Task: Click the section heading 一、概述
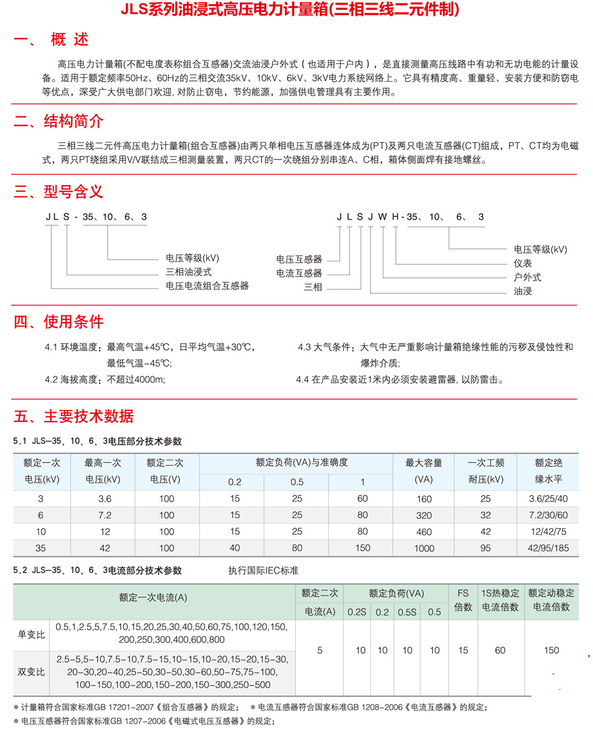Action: pos(51,41)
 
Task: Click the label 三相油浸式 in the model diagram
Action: pos(188,272)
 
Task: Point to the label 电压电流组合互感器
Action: pos(207,286)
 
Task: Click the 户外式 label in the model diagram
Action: pos(527,277)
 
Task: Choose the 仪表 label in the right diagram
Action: pos(523,263)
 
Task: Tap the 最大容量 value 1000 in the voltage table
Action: pos(424,548)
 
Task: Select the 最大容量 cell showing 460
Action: pos(424,531)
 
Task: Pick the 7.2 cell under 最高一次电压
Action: pos(103,514)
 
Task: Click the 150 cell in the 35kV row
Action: pos(362,548)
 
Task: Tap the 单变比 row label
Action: pos(32,635)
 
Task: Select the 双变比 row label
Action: pos(32,672)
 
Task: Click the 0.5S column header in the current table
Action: pos(407,612)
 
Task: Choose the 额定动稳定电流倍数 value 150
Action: pos(551,651)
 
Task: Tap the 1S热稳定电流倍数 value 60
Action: pos(500,651)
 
